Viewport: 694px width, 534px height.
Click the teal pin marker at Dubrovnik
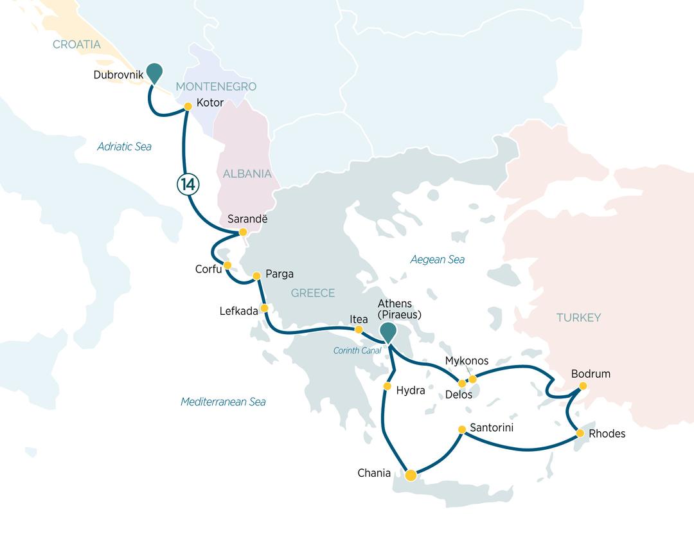154,73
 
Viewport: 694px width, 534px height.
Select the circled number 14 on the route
188,184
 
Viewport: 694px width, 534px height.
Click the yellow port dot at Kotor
188,107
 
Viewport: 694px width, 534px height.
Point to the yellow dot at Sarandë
243,232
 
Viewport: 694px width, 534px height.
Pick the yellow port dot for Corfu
227,265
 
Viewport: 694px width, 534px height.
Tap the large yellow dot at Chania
411,476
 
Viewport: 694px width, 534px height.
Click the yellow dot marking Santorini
462,429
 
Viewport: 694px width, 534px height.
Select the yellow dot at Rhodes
580,434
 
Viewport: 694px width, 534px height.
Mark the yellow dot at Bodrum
583,386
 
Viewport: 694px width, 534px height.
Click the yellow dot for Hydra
387,386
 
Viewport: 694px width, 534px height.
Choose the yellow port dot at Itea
359,330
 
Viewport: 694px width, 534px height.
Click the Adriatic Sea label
124,147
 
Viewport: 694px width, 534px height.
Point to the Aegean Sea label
437,260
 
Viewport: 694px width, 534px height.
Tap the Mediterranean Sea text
223,402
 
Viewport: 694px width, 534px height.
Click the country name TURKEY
578,317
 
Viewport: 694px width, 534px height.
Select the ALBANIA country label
247,174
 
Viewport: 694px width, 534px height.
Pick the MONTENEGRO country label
216,87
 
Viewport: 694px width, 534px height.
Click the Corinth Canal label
357,351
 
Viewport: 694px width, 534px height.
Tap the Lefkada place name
238,310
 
